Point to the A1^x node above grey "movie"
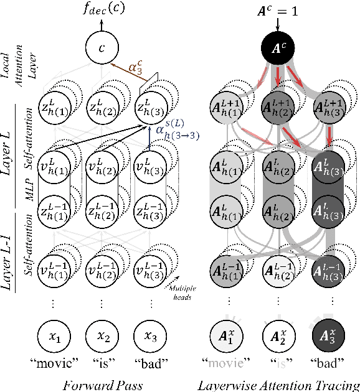(229, 337)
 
